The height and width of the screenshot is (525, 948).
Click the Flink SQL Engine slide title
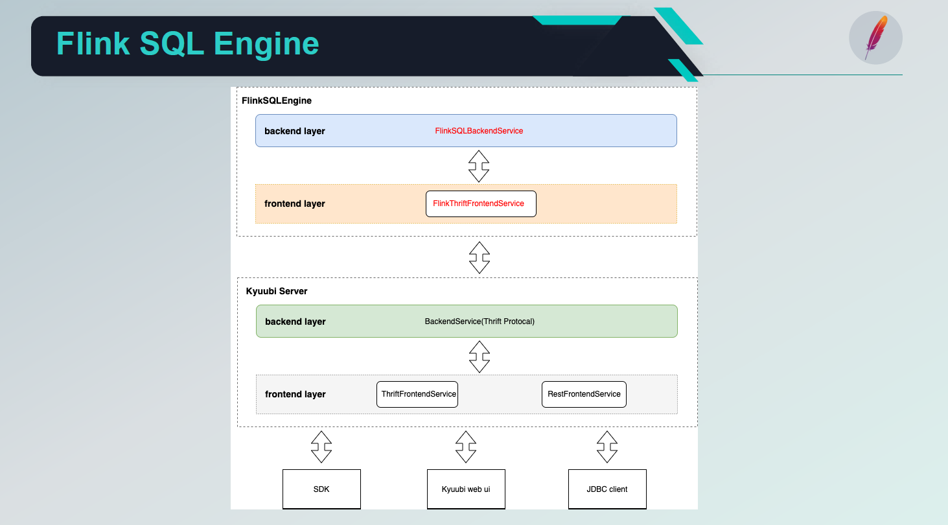pyautogui.click(x=187, y=44)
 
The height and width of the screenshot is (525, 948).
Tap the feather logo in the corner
pyautogui.click(x=875, y=38)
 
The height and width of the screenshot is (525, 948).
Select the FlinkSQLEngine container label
pyautogui.click(x=277, y=101)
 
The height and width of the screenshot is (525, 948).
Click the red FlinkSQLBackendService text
pyautogui.click(x=479, y=131)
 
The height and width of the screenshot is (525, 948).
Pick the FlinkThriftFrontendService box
pyautogui.click(x=481, y=204)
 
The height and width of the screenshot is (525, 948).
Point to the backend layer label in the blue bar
pyautogui.click(x=295, y=131)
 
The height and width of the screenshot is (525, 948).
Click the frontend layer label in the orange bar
pyautogui.click(x=295, y=204)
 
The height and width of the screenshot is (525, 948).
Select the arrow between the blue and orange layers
pyautogui.click(x=479, y=166)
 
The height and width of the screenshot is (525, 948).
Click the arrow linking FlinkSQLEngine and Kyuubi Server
pyautogui.click(x=479, y=257)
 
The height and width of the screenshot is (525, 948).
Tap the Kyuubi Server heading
pyautogui.click(x=277, y=291)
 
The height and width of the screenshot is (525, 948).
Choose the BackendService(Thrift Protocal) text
pyautogui.click(x=480, y=321)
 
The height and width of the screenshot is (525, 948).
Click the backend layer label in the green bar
pyautogui.click(x=295, y=321)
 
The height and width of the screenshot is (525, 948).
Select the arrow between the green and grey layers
pyautogui.click(x=479, y=356)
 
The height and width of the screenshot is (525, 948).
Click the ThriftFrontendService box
pyautogui.click(x=417, y=394)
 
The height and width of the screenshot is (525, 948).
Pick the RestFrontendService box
pyautogui.click(x=584, y=394)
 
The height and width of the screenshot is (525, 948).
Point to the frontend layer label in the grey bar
pyautogui.click(x=295, y=394)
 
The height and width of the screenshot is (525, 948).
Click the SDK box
pyautogui.click(x=321, y=489)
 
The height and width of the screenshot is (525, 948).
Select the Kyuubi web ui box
pyautogui.click(x=467, y=489)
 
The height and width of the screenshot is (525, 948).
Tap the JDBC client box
pyautogui.click(x=607, y=489)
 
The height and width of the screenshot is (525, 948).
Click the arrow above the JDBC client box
pyautogui.click(x=607, y=447)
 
